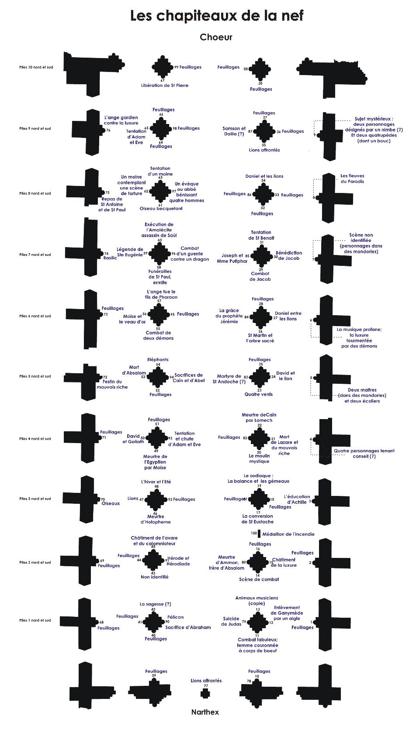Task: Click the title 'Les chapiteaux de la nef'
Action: [x=217, y=16]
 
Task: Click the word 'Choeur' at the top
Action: [x=216, y=37]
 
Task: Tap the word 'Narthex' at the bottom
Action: [x=205, y=712]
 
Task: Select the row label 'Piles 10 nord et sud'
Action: [x=36, y=67]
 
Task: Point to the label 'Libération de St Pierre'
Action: [x=165, y=86]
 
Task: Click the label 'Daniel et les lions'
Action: [x=264, y=176]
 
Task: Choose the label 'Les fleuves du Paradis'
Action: [x=352, y=179]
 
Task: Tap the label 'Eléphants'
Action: [x=158, y=360]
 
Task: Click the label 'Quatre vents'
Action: [x=258, y=394]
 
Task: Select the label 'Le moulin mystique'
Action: [x=259, y=458]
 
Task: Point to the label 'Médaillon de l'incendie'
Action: [x=288, y=534]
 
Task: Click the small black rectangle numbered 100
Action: [x=259, y=534]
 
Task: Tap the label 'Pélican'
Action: [x=175, y=617]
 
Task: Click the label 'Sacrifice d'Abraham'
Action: [x=188, y=627]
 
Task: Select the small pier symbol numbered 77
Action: [x=205, y=694]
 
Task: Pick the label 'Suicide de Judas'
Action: [x=232, y=621]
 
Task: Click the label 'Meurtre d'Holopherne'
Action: [x=156, y=519]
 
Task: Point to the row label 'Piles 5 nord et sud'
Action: [x=35, y=376]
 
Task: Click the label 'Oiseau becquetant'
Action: [x=161, y=209]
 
